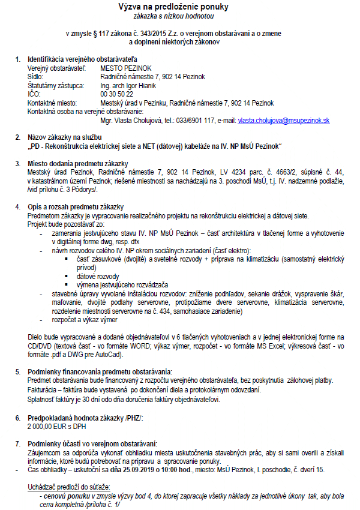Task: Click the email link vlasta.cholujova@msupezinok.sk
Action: pos(283,121)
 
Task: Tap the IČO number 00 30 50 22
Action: pos(117,94)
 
